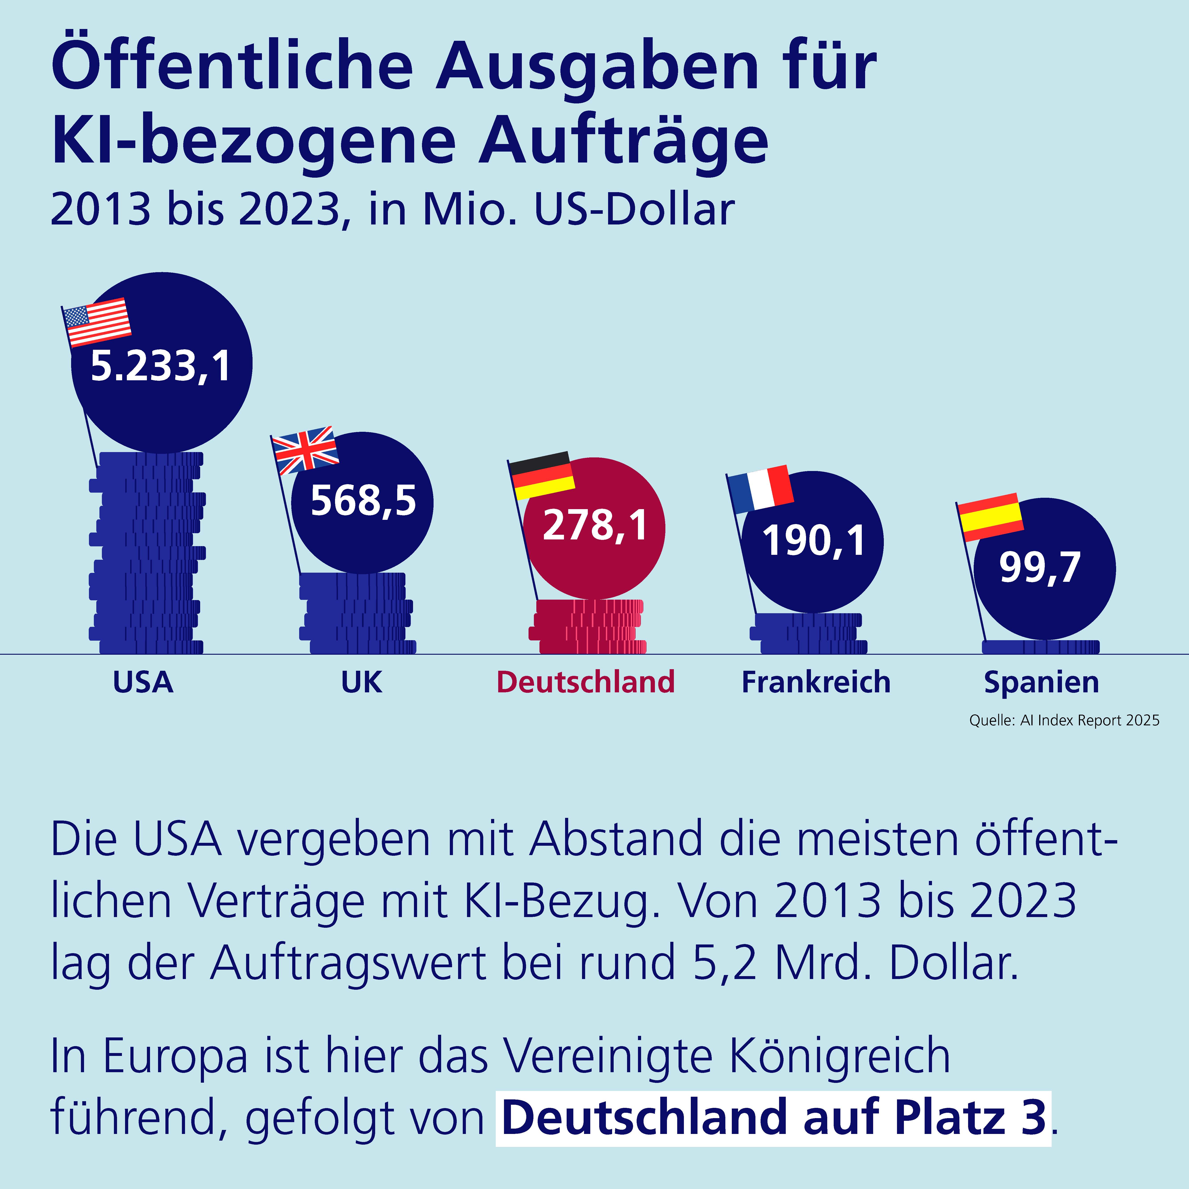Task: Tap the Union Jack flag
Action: (305, 450)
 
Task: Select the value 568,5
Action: (363, 500)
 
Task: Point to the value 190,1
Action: (814, 541)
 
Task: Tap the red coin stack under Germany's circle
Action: (588, 627)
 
